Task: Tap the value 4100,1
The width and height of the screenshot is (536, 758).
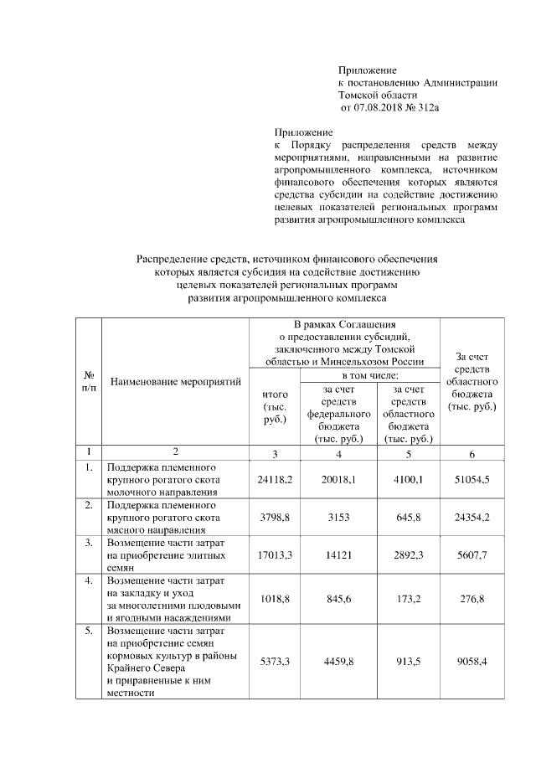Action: (x=407, y=479)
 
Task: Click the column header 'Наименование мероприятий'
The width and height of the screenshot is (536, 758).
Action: (x=175, y=382)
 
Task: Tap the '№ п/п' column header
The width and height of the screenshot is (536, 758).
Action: (x=89, y=382)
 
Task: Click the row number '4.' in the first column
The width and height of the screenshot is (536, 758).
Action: (x=88, y=580)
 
